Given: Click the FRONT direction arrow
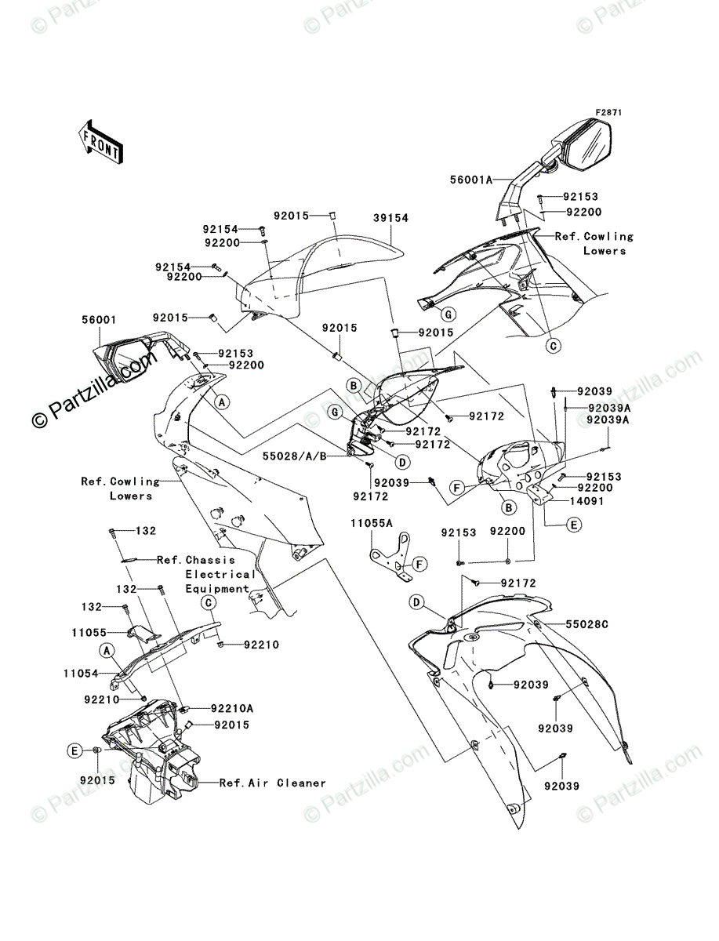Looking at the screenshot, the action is click(x=101, y=141).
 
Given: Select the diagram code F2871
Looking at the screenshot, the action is click(x=608, y=112).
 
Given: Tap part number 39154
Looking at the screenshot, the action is click(x=390, y=218).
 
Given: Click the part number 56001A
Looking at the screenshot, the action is click(x=471, y=180).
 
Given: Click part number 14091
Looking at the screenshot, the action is click(x=586, y=501).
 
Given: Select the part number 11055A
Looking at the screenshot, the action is click(x=372, y=524).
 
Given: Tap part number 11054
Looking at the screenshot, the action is click(x=81, y=674).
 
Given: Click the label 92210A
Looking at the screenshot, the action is click(x=232, y=709).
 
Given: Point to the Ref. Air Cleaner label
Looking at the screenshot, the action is click(x=273, y=783).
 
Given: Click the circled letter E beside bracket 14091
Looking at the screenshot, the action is click(x=574, y=525).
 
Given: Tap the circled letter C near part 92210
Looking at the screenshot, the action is click(x=209, y=603).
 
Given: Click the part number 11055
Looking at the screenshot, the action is click(x=89, y=632).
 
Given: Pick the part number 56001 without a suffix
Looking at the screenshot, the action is click(x=99, y=320).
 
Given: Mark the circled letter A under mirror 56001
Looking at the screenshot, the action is click(x=222, y=402).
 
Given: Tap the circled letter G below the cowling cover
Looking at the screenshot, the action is click(x=448, y=315).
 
